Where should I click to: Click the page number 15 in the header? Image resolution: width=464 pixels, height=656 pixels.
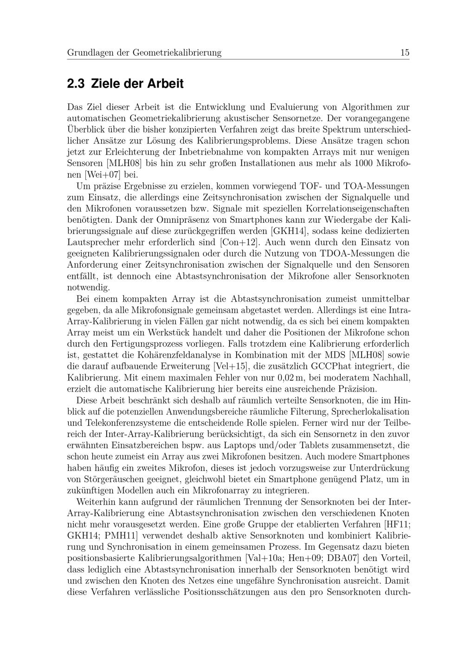tap(405, 52)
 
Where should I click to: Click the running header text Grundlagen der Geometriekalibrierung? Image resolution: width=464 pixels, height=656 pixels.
tap(144, 53)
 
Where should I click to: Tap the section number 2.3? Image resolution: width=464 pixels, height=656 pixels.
tap(76, 84)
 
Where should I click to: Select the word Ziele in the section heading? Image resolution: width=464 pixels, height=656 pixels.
tap(105, 84)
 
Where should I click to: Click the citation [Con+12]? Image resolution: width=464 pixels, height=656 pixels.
tap(238, 242)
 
